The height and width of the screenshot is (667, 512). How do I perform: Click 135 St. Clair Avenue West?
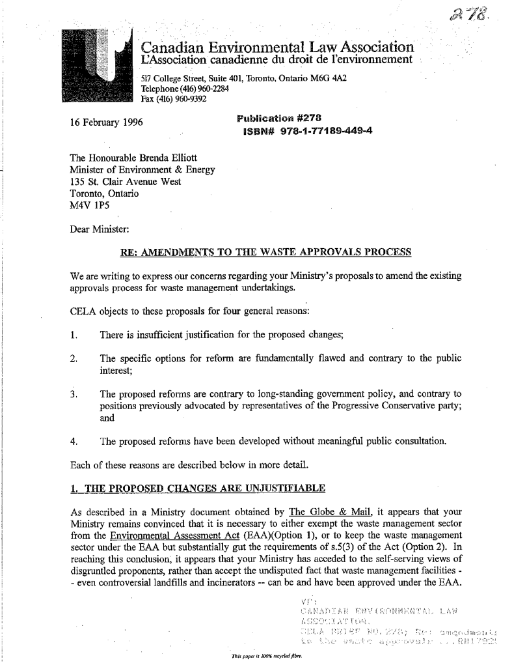click(x=125, y=182)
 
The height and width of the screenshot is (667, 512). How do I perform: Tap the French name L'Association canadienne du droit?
click(x=276, y=60)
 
